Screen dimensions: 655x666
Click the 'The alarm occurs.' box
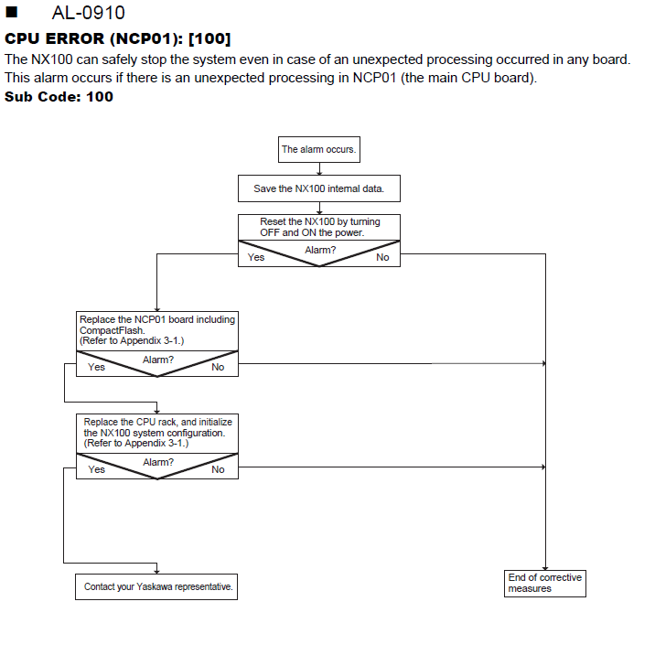pos(319,149)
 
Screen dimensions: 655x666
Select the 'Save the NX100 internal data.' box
pos(319,188)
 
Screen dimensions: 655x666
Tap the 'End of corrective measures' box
pos(545,584)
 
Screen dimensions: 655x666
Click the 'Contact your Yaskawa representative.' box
pos(156,587)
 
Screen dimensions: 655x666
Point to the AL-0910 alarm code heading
pos(89,13)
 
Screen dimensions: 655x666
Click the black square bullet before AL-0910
pos(12,12)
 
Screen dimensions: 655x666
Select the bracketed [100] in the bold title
pos(209,38)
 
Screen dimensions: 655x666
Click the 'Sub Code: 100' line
pos(59,97)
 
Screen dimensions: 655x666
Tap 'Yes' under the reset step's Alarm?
pos(256,257)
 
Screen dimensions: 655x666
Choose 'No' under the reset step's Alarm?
pos(382,257)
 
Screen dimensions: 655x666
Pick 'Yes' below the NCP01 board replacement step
pos(96,367)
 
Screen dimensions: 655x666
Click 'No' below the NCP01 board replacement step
pos(218,367)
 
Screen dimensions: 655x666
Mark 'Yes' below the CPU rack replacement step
pos(96,469)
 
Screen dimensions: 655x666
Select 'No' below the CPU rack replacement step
pos(218,469)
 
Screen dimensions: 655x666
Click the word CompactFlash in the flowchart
pos(113,330)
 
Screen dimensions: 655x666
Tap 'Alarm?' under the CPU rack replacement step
pos(158,462)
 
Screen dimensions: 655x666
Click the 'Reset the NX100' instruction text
pos(320,227)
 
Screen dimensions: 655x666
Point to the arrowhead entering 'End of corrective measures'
pos(545,568)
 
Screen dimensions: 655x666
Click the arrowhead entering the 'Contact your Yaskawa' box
pos(156,572)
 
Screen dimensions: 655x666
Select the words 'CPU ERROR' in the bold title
pos(54,38)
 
